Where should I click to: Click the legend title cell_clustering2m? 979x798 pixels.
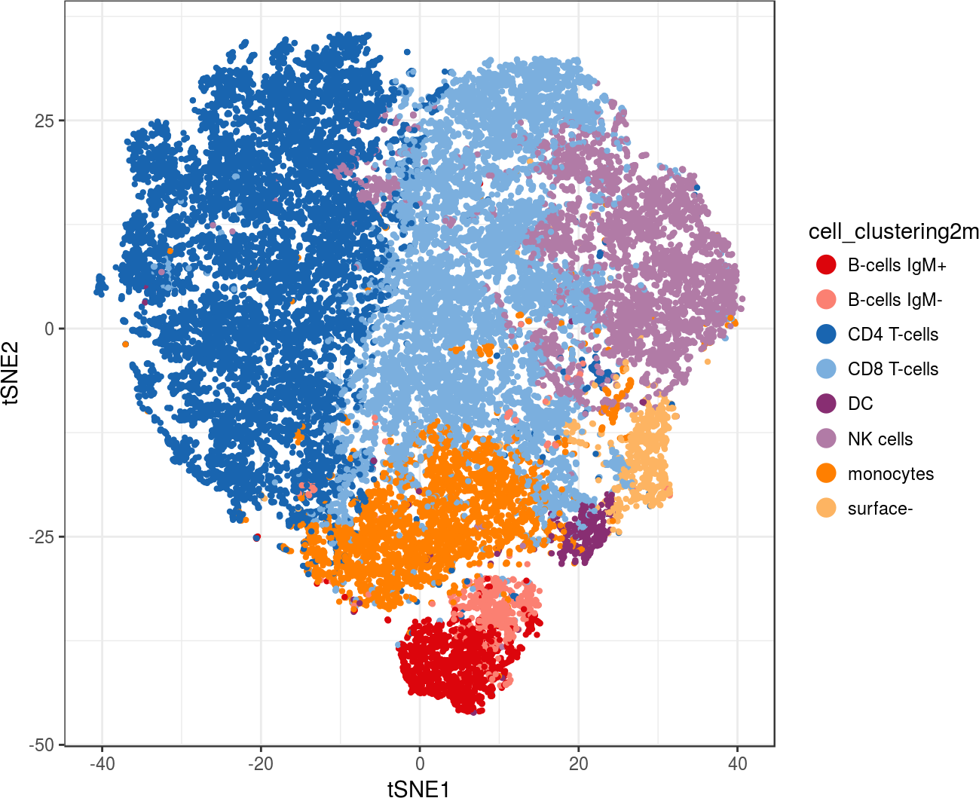click(893, 231)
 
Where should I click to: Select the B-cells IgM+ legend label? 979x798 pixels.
click(897, 265)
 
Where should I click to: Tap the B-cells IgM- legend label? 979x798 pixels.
click(895, 300)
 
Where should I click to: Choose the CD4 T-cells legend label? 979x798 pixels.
click(893, 335)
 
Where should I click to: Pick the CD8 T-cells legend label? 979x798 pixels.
click(893, 369)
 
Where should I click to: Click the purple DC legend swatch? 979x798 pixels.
click(827, 404)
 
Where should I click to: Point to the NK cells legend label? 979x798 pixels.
click(880, 439)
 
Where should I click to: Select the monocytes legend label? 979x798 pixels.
click(890, 474)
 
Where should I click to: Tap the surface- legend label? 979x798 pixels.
click(880, 509)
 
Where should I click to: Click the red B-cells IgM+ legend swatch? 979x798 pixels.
click(827, 265)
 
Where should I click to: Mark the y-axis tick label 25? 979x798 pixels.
click(45, 121)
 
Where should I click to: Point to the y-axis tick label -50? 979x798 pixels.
click(42, 745)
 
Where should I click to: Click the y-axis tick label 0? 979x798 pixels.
click(50, 329)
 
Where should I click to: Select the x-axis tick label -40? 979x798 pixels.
click(102, 764)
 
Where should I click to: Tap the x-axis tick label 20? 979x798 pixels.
click(579, 764)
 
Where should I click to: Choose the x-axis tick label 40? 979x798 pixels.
click(738, 764)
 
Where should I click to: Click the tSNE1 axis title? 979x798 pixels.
click(419, 788)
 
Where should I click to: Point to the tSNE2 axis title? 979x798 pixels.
click(13, 374)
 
